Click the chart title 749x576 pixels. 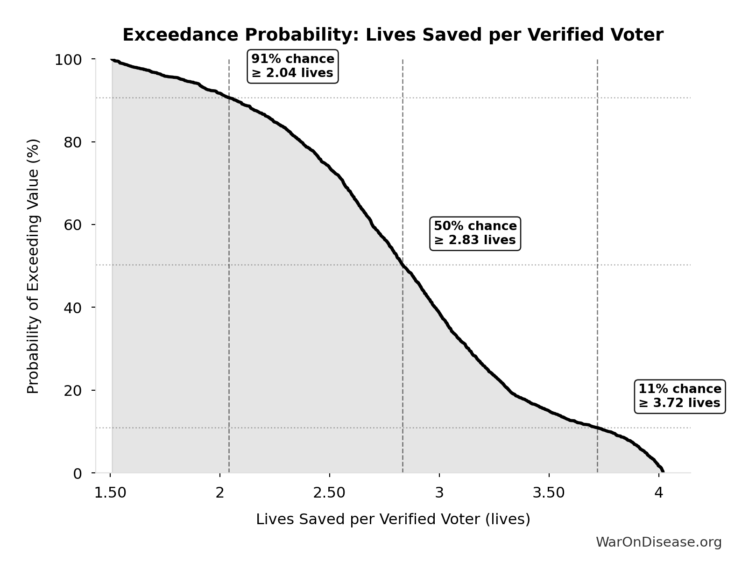tap(393, 35)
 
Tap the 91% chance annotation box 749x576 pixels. tap(293, 66)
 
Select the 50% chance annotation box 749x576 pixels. tap(475, 233)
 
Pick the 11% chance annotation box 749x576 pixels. tap(679, 396)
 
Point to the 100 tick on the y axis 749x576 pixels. tap(68, 60)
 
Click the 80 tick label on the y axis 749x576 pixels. tap(73, 142)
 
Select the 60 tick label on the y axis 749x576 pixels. tap(73, 225)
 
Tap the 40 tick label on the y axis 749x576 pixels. tap(73, 308)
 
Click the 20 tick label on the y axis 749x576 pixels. tap(73, 390)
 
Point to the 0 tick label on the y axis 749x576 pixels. tap(78, 473)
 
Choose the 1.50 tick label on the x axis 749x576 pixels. tap(110, 493)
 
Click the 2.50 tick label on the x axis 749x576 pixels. tap(330, 493)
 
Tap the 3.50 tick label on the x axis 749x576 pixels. tap(549, 493)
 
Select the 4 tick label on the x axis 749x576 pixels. tap(658, 493)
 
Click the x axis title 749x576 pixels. tap(393, 520)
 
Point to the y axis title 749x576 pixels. tap(33, 266)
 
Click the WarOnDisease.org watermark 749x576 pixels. tap(658, 542)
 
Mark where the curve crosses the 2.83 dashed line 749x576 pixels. tap(403, 265)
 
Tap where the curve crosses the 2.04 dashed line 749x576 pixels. tap(229, 98)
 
